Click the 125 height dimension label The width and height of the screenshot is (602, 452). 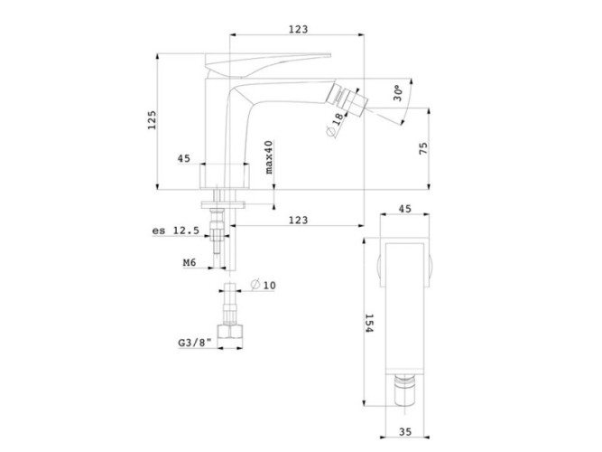pos(153,118)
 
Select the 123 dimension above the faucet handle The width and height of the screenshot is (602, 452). pos(297,29)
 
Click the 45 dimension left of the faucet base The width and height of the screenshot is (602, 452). pos(183,157)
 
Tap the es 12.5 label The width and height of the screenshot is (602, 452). pos(174,231)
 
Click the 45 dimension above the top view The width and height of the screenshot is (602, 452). pos(404,209)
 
